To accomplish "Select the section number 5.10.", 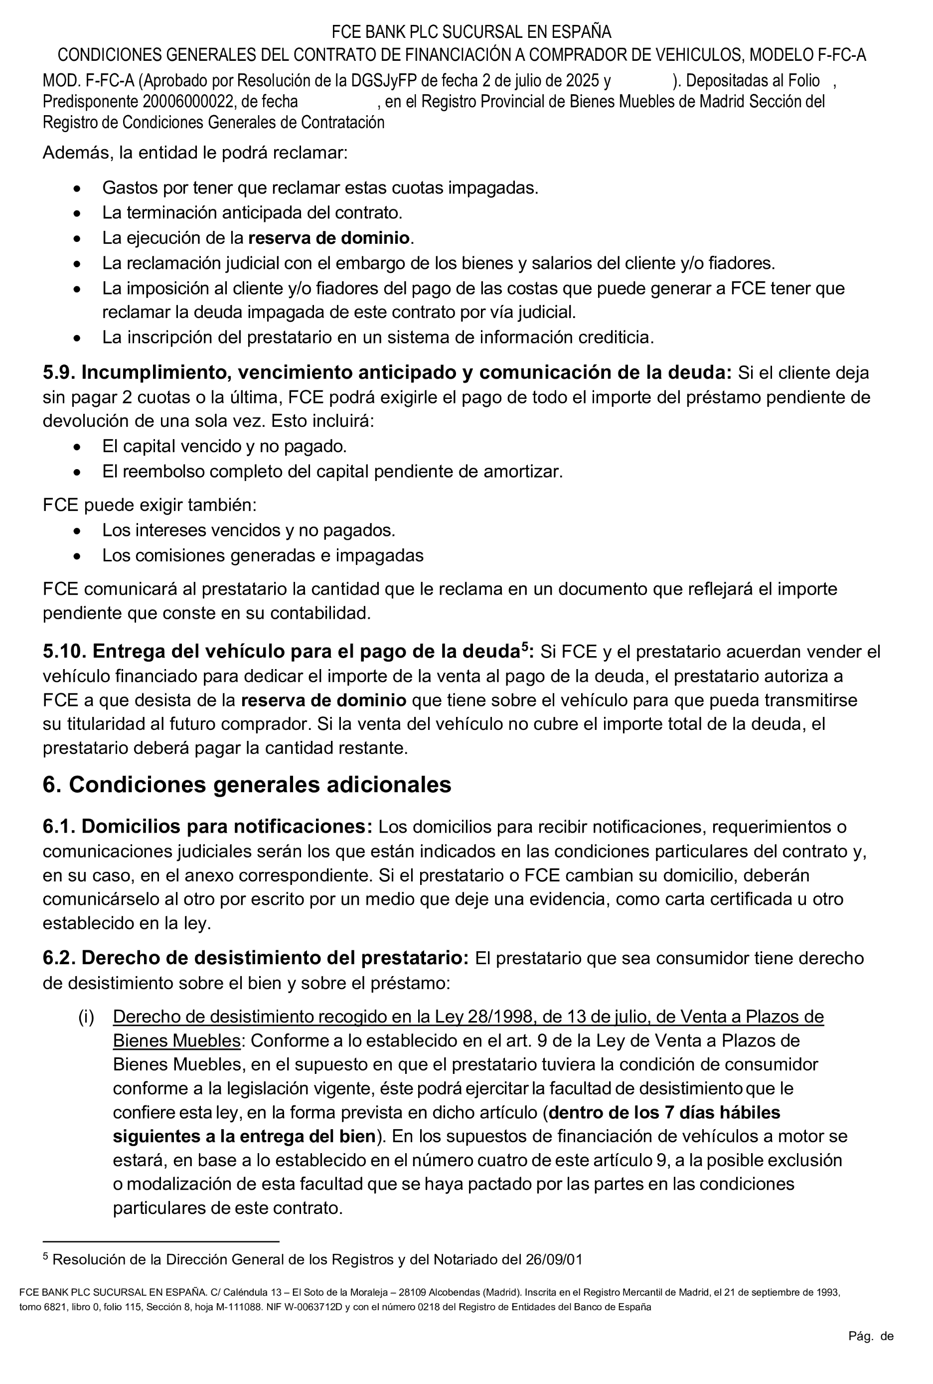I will (64, 651).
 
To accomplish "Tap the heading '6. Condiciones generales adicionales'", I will (247, 785).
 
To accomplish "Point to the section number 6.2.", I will (59, 958).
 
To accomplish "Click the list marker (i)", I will (86, 1017).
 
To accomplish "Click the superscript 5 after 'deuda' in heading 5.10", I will (525, 647).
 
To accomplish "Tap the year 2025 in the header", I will (583, 81).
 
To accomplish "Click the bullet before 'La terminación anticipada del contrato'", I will (77, 213).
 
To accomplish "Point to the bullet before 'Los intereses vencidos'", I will (77, 530).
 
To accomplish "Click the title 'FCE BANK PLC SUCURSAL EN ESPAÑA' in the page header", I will (470, 31).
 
